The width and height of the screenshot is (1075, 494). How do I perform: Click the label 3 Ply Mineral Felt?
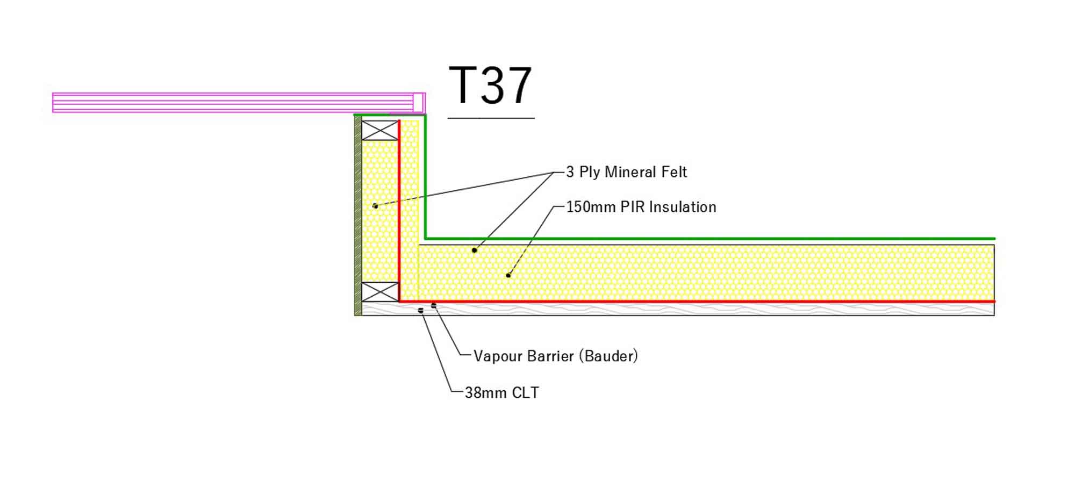tap(626, 172)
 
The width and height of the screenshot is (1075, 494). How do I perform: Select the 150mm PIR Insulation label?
tap(641, 207)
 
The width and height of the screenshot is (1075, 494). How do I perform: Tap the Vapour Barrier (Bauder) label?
tap(555, 356)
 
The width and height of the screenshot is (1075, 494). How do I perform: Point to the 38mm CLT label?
tap(501, 393)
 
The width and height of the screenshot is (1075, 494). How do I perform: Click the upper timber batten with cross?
tap(379, 131)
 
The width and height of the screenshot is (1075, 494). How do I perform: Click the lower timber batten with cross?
tap(379, 292)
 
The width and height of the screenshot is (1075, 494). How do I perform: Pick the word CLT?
tap(525, 393)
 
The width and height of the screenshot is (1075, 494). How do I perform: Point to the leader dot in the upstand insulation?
tap(375, 206)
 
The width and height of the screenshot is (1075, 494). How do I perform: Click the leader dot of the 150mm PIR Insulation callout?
tap(508, 276)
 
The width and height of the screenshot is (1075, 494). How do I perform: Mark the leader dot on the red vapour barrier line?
tap(434, 306)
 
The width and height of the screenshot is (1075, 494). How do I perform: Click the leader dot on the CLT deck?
tap(420, 310)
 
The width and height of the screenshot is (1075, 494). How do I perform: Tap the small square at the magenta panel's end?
tap(418, 102)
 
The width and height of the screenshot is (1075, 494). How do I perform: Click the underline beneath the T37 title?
tap(491, 117)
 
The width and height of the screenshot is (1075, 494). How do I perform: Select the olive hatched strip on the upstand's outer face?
tap(358, 215)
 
